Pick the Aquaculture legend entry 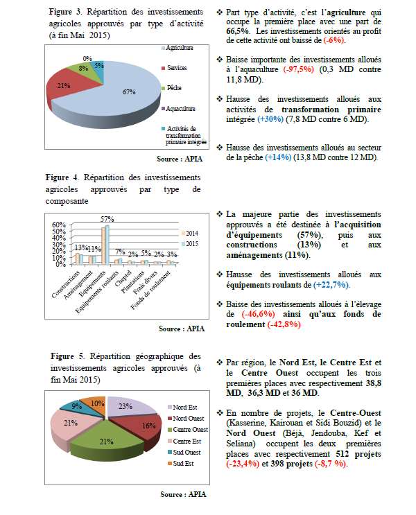[x=180, y=108]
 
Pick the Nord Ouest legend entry [x=187, y=418]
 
